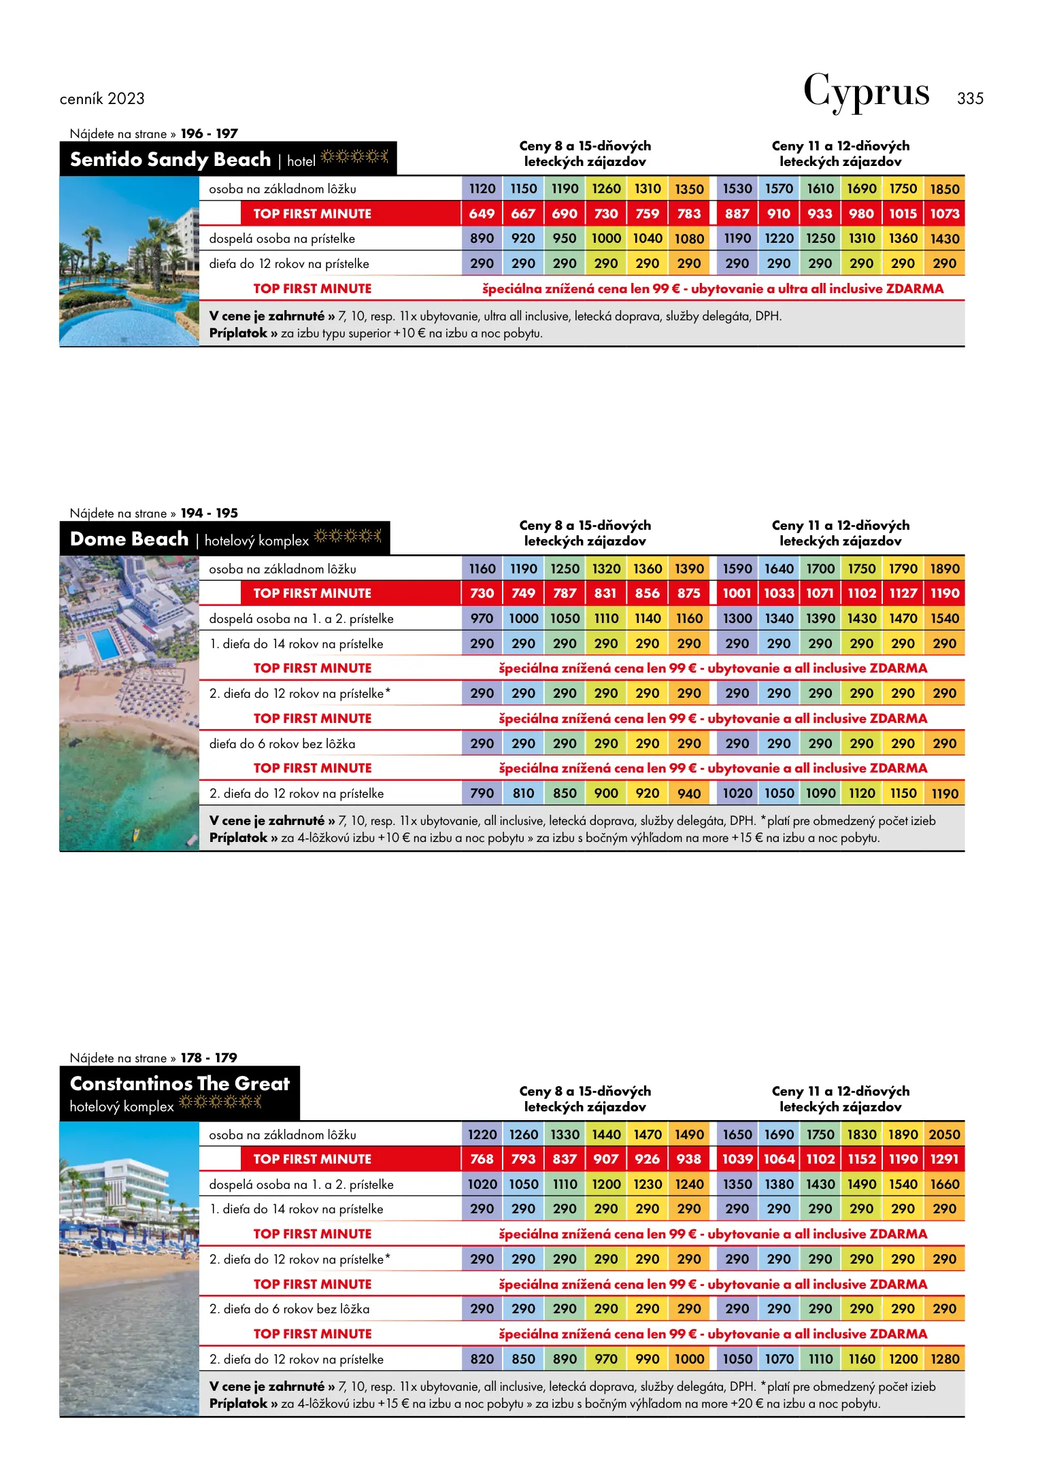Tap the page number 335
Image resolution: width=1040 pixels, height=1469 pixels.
pos(970,99)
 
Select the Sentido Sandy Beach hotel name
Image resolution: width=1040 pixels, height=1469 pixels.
pos(170,159)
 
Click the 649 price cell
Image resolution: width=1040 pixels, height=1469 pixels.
pos(482,214)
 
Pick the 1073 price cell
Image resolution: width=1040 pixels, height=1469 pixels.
pos(944,214)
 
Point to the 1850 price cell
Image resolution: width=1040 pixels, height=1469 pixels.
pos(944,189)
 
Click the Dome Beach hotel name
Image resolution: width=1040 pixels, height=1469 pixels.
pos(129,539)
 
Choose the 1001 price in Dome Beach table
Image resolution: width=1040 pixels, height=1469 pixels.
pos(737,593)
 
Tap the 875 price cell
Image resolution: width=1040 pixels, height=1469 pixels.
pos(688,593)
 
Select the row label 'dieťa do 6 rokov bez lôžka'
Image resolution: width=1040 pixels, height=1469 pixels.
pos(282,744)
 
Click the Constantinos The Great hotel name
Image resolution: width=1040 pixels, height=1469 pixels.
pos(180,1083)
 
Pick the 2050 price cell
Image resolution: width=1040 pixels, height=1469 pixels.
pos(944,1134)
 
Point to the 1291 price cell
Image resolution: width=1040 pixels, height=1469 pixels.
pos(944,1159)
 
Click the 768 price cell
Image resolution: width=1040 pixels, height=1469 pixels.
pos(482,1159)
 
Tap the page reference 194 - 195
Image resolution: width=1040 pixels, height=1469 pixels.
pos(209,513)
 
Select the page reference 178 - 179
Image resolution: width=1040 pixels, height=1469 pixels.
pos(209,1058)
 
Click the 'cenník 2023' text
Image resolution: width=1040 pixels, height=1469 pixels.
pos(102,99)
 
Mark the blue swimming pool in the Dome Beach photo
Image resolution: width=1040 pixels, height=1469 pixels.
pos(105,643)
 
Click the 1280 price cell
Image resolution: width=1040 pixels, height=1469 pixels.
pos(944,1359)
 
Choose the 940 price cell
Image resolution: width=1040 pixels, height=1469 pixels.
pos(688,794)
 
